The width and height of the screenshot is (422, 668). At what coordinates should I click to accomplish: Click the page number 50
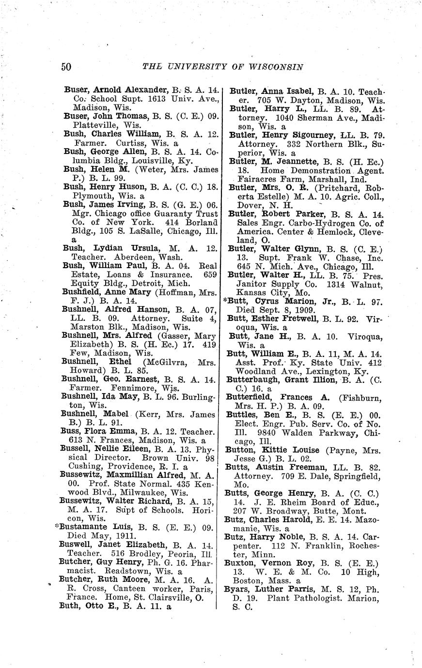click(x=67, y=67)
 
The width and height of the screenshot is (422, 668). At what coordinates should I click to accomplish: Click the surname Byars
click(x=235, y=590)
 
